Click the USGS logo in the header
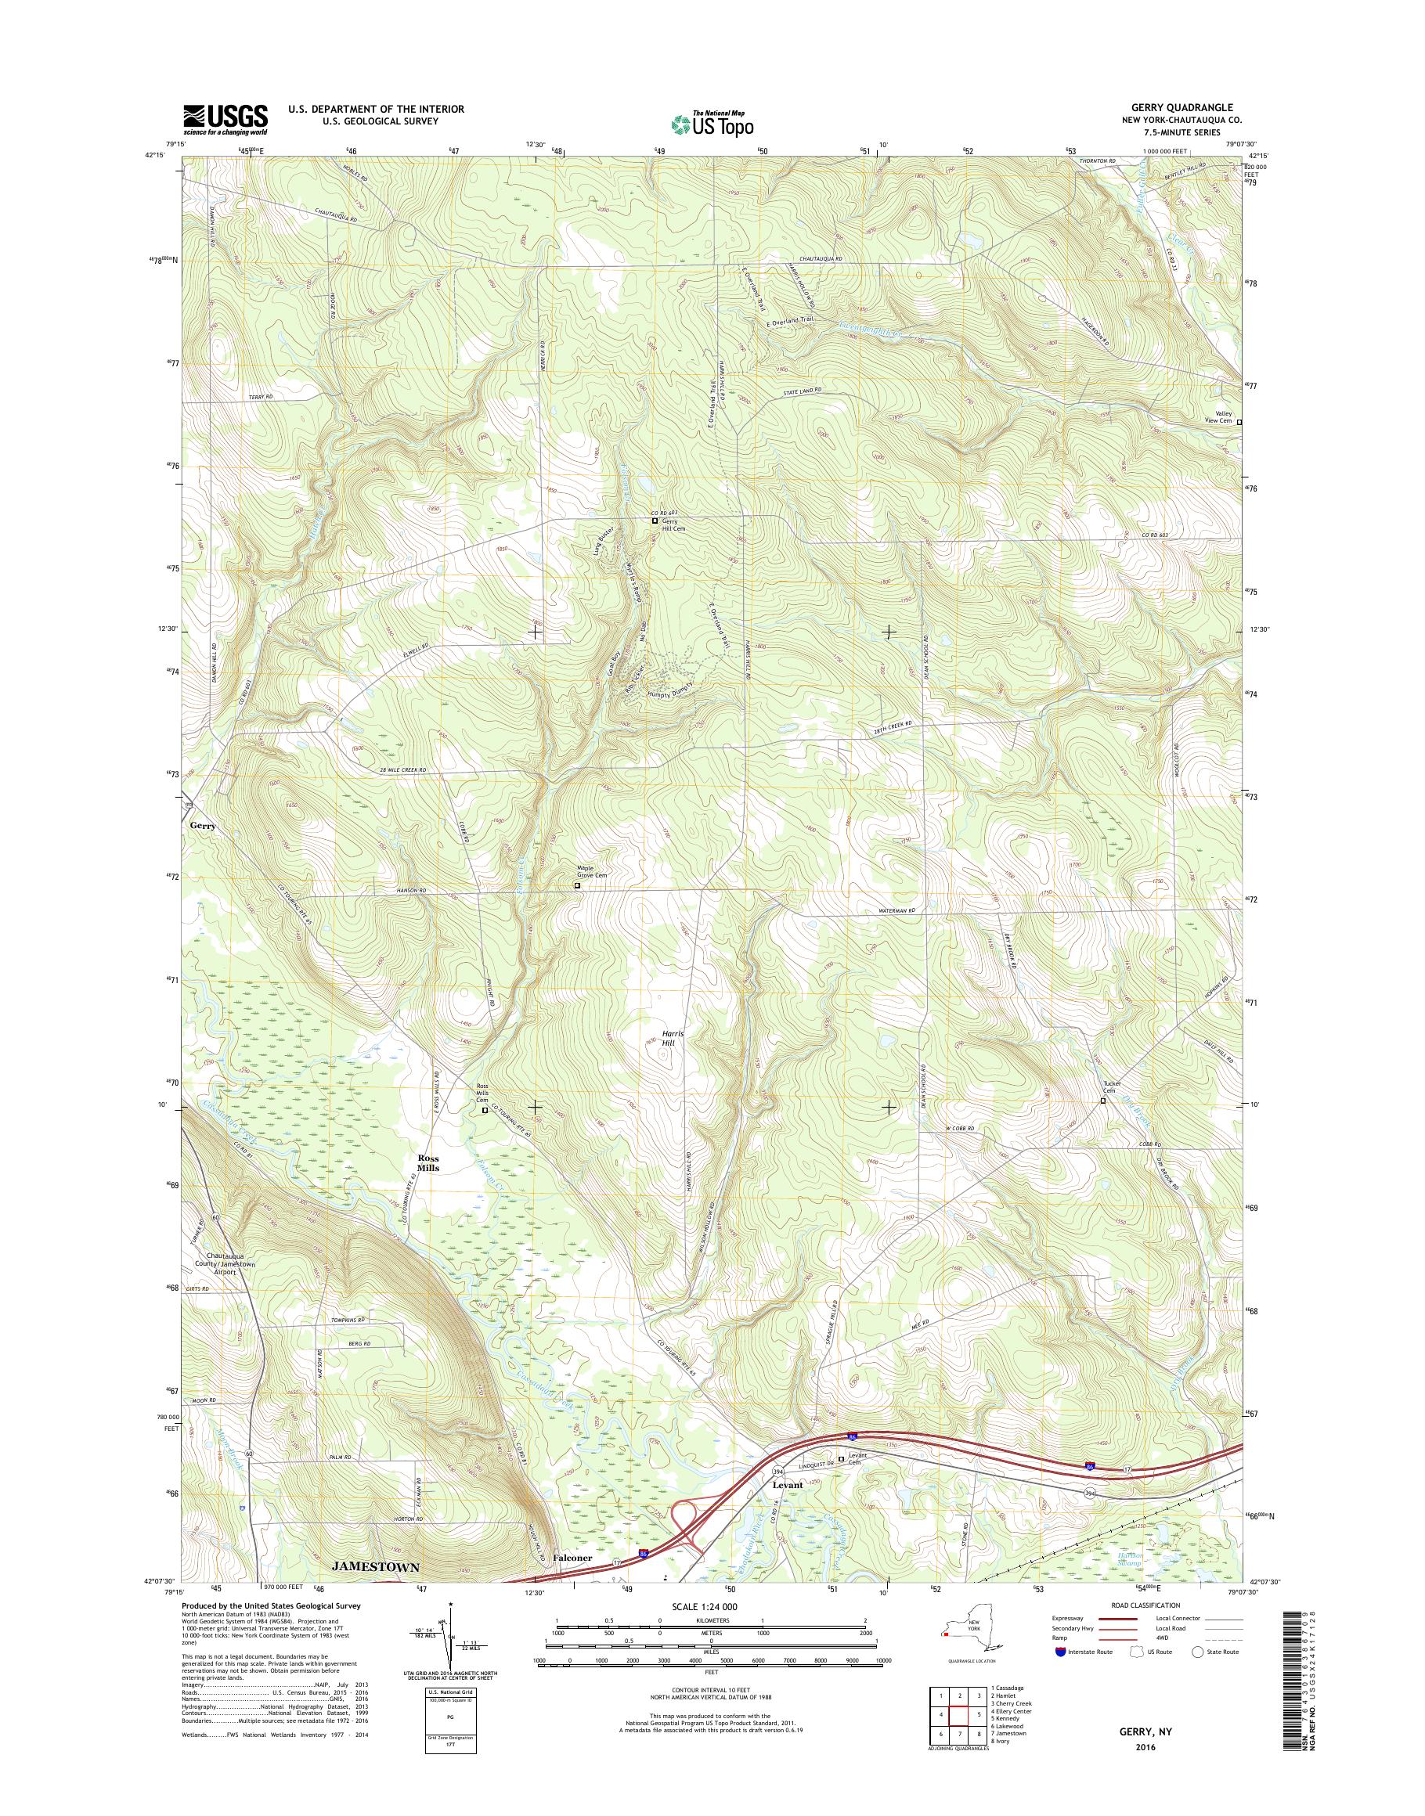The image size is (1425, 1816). tap(225, 119)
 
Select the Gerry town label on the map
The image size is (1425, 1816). tap(202, 826)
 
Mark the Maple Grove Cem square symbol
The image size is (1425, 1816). tap(576, 886)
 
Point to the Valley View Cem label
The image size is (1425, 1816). tap(1223, 417)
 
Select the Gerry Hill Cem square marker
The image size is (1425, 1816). tap(655, 521)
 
